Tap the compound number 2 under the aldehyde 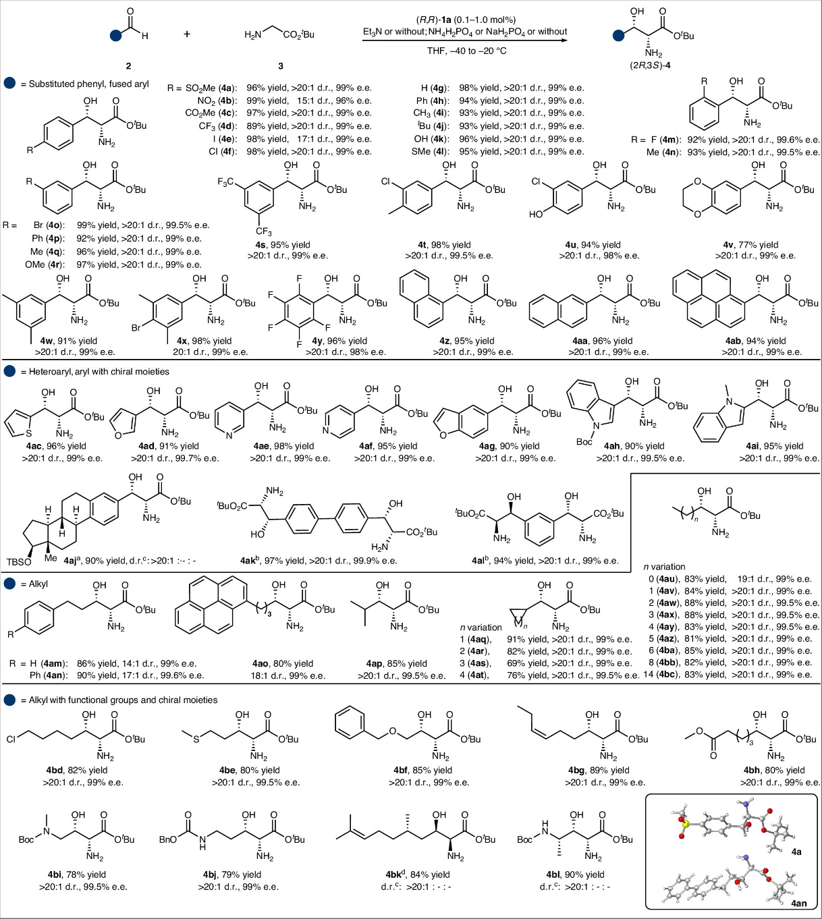(128, 65)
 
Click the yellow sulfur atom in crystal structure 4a (685, 823)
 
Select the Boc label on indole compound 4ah (584, 442)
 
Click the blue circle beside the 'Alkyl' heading (9, 584)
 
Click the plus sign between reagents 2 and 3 (187, 34)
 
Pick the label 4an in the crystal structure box (798, 903)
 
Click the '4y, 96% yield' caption (331, 341)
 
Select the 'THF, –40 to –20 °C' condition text (466, 51)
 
